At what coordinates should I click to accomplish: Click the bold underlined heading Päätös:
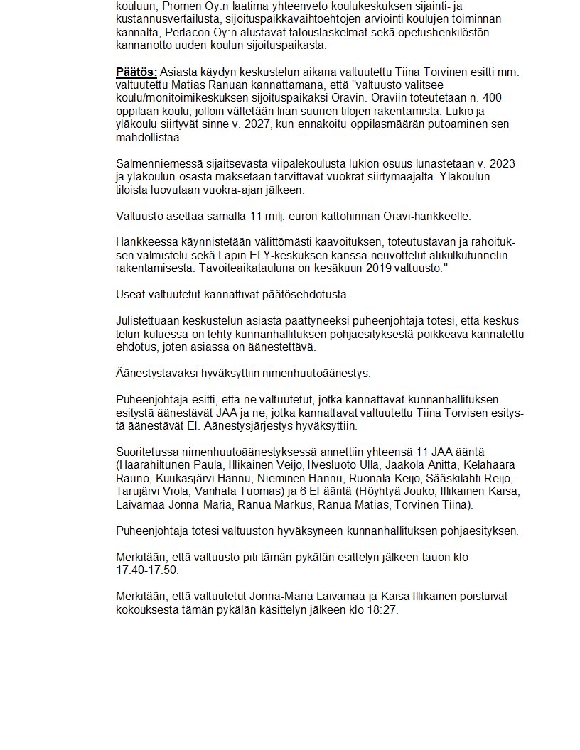click(136, 72)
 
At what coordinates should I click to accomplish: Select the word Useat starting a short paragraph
click(131, 294)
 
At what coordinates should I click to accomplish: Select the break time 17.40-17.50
click(148, 570)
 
